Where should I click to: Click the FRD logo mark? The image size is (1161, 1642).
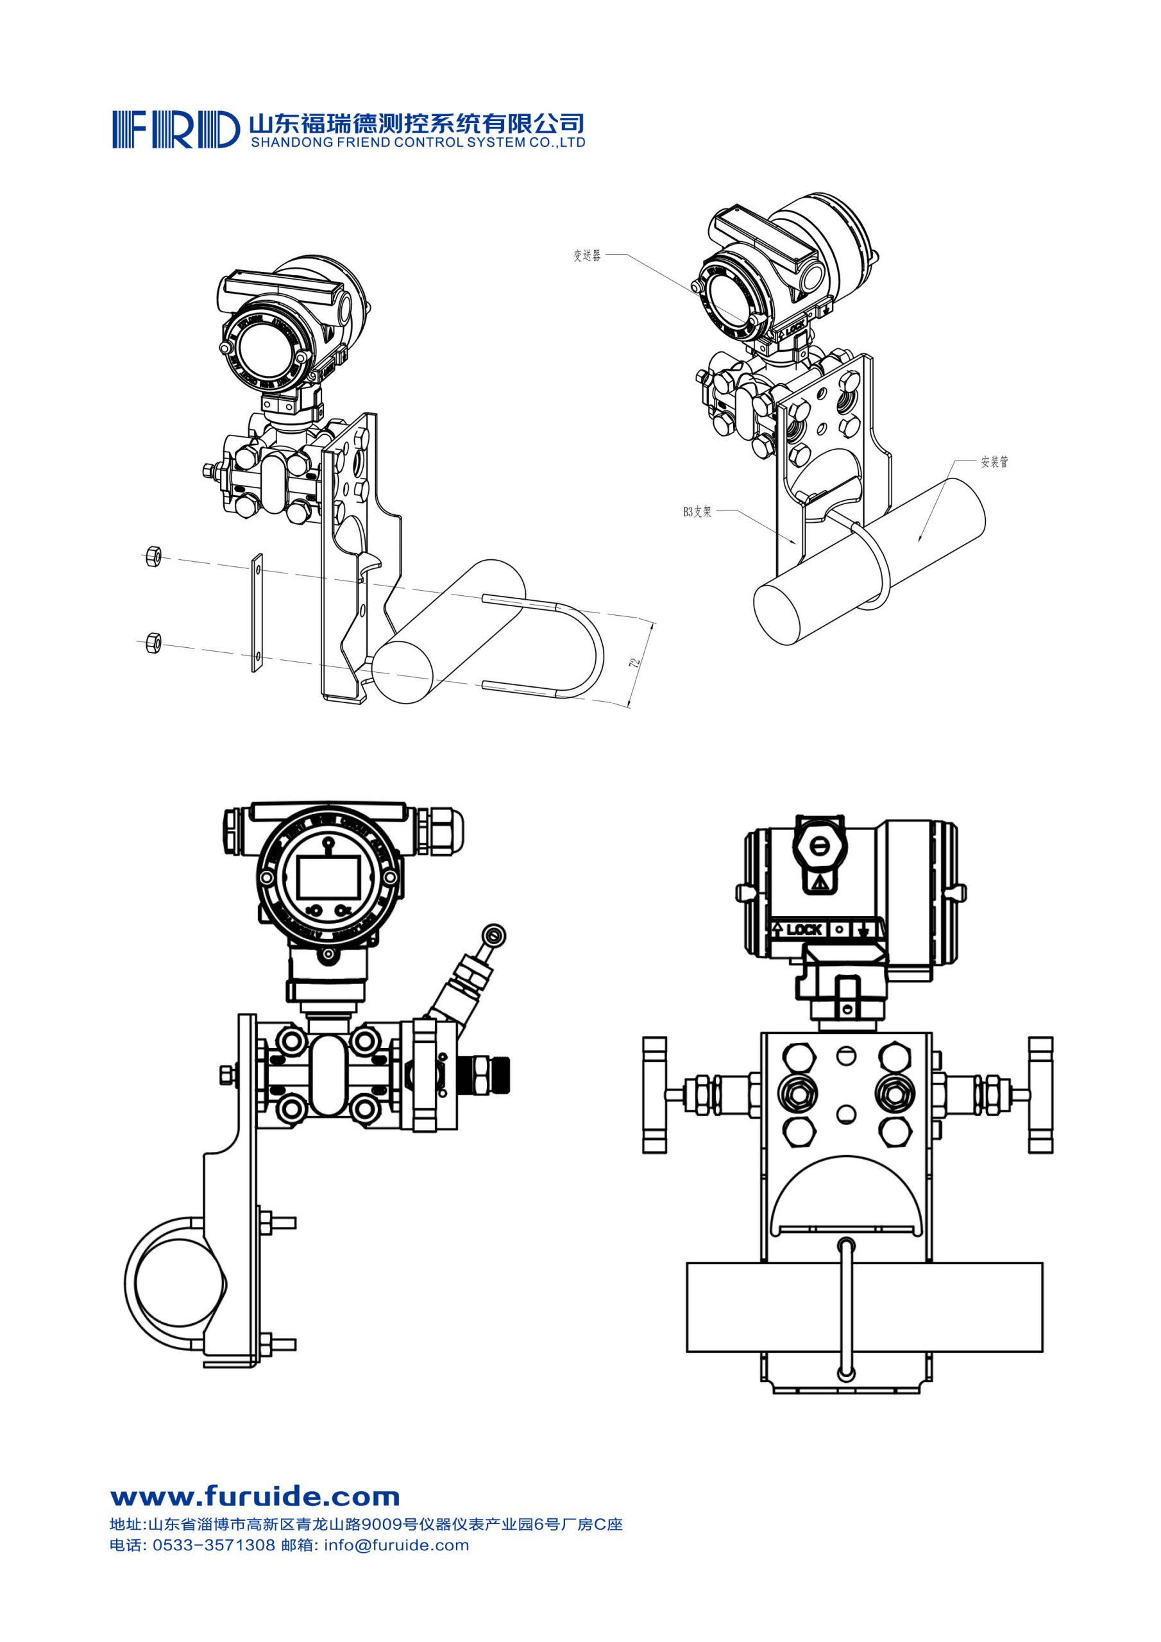point(174,130)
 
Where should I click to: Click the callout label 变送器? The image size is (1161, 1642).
point(586,255)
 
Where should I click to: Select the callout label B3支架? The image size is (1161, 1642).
point(697,511)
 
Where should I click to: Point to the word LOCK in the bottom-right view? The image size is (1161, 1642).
point(803,929)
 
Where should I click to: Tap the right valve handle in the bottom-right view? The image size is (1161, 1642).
point(1041,1095)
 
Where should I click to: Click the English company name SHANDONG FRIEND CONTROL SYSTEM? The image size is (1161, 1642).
point(417,142)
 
